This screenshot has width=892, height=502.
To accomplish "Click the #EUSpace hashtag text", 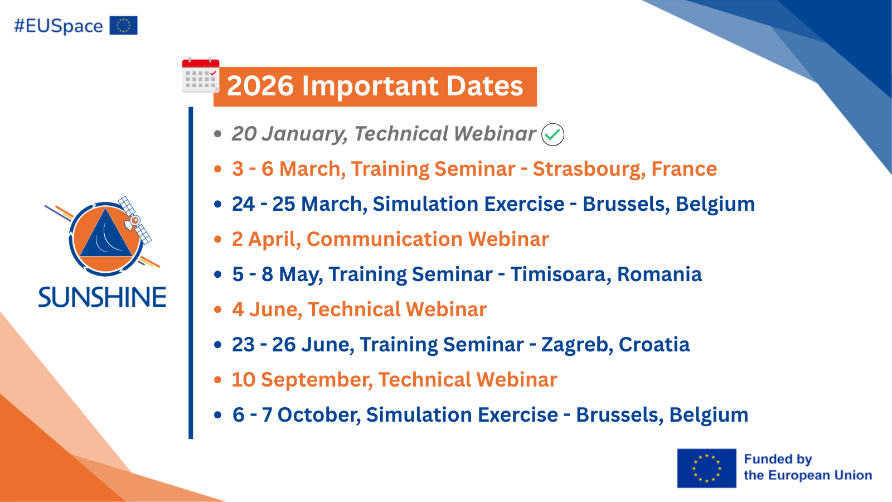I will click(59, 26).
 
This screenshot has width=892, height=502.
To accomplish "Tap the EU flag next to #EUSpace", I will click(123, 26).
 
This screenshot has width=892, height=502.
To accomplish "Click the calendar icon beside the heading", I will click(201, 75).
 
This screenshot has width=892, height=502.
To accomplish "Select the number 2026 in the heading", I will click(260, 86).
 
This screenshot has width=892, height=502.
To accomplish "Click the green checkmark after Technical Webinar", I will click(552, 134).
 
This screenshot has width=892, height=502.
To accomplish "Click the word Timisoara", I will click(560, 274).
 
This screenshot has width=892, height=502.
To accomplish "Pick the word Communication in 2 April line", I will click(384, 239).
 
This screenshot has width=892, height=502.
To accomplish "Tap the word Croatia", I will click(654, 345).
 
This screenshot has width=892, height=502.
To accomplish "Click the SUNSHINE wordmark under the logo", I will click(102, 297).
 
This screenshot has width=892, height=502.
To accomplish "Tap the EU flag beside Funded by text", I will click(706, 468).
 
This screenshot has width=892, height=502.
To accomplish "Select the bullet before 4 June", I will click(218, 310).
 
